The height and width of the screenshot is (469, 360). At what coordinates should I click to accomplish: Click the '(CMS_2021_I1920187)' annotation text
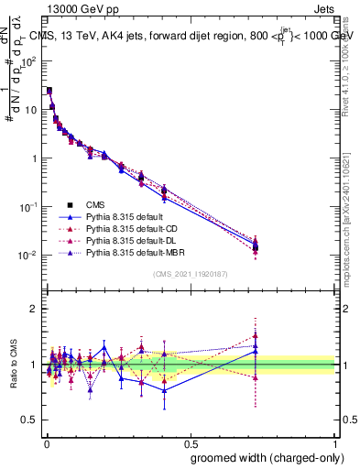191,274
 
